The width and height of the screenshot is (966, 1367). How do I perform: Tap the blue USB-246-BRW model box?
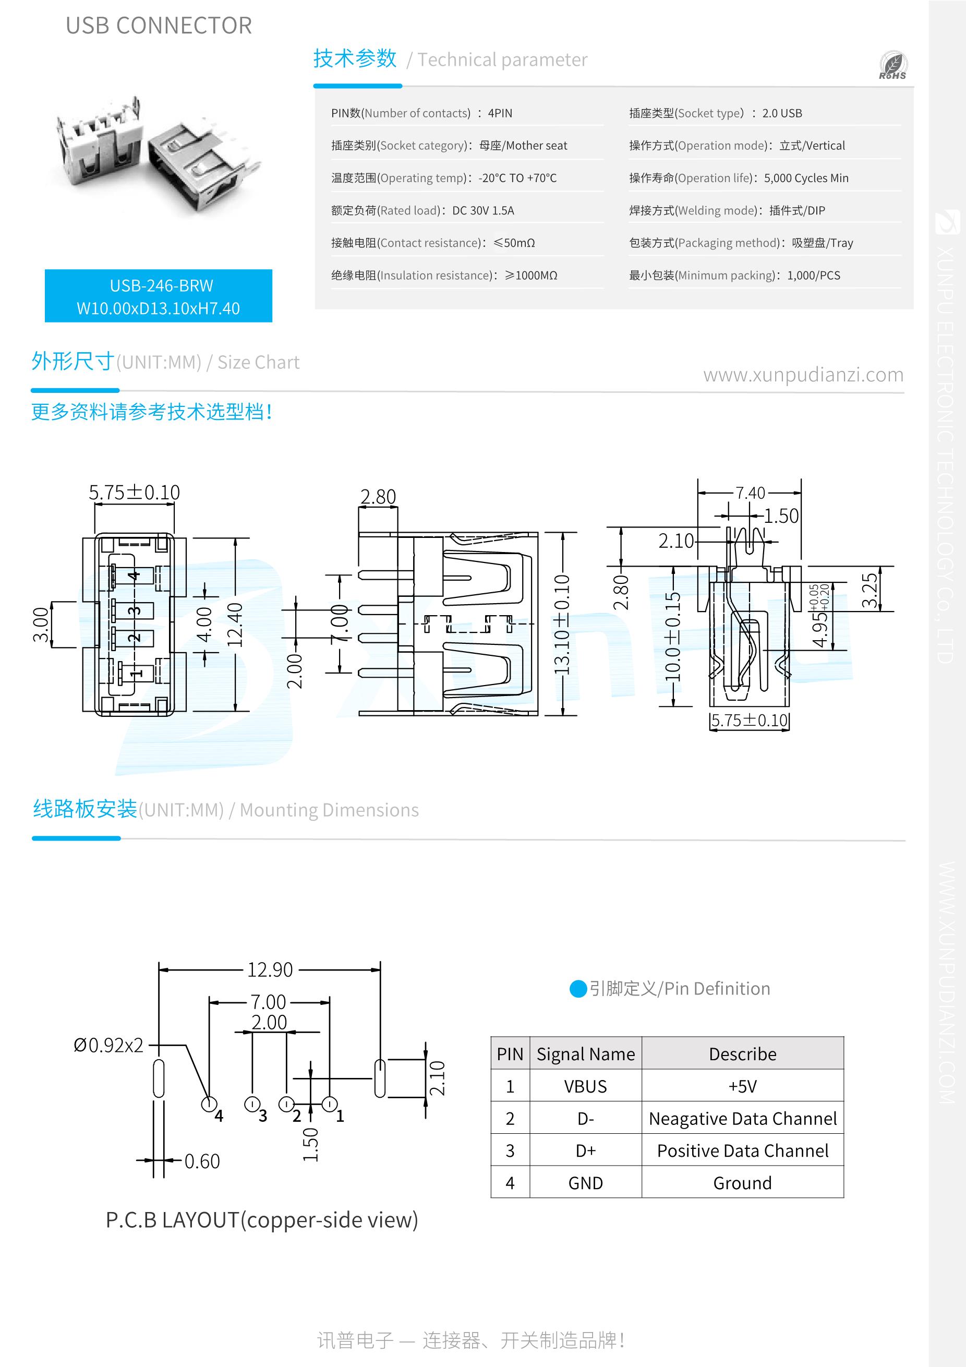(159, 296)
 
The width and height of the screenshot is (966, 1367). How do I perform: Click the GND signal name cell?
(585, 1182)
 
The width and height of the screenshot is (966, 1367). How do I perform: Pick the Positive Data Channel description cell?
(742, 1150)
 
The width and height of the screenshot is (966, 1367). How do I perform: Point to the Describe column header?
(742, 1054)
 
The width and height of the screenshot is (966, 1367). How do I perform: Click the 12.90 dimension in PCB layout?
(270, 970)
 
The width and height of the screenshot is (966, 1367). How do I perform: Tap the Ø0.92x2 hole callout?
(108, 1045)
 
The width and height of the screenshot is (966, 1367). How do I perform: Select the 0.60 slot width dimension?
(202, 1161)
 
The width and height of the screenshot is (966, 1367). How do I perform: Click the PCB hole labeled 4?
(208, 1105)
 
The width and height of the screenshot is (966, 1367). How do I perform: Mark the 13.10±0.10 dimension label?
(561, 625)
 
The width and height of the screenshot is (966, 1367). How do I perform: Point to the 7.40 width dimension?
(750, 493)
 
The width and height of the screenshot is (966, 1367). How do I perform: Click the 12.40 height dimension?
(236, 625)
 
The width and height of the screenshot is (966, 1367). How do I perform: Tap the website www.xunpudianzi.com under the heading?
(803, 375)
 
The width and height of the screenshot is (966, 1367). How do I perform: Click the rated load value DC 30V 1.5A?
(482, 210)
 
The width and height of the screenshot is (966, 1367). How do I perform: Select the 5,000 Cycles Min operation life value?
(806, 178)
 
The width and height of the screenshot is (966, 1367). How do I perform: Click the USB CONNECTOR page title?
(159, 26)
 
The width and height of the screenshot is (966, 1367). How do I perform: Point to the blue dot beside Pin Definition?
(578, 989)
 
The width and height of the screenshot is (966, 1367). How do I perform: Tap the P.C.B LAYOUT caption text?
(262, 1220)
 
